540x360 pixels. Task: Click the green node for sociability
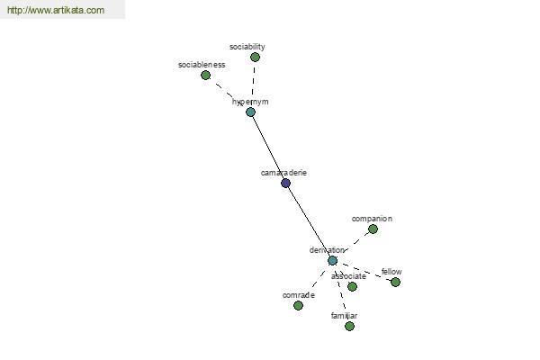click(255, 58)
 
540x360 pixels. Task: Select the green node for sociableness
click(205, 75)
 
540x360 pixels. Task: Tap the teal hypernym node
click(251, 112)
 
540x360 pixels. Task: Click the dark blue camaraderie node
click(285, 183)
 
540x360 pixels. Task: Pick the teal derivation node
click(332, 260)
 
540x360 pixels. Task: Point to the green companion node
click(373, 229)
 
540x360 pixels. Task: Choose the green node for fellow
click(395, 282)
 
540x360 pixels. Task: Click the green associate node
click(352, 286)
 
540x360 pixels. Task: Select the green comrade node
click(298, 306)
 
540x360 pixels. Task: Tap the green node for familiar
click(349, 326)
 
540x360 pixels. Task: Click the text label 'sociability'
click(247, 47)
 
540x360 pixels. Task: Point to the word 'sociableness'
click(202, 65)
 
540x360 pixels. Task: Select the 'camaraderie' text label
click(283, 173)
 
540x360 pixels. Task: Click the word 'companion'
click(372, 219)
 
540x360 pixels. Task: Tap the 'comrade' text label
click(298, 295)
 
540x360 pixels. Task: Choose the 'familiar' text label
click(344, 316)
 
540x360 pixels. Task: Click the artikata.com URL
click(56, 10)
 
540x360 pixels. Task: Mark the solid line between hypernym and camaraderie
click(268, 148)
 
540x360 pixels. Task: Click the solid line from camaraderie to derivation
click(309, 222)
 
